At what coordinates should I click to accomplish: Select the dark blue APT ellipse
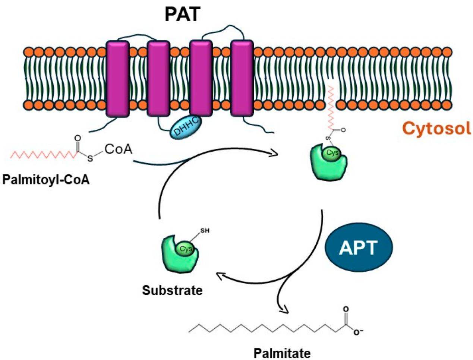(359, 248)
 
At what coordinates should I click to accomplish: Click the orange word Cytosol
(436, 129)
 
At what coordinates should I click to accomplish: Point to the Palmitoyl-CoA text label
(46, 180)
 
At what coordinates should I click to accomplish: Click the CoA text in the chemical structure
(118, 149)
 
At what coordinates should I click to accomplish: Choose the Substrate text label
(172, 290)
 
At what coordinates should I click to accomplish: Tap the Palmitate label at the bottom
(282, 353)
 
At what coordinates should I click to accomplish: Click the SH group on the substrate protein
(205, 231)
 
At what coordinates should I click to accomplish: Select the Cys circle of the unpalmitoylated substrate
(185, 249)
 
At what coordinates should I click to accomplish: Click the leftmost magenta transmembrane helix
(118, 79)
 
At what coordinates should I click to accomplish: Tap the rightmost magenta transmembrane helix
(242, 79)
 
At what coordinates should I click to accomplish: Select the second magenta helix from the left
(159, 79)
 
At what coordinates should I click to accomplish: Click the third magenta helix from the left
(201, 79)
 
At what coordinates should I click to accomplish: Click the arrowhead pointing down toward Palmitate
(285, 309)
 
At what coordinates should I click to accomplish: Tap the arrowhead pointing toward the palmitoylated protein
(276, 153)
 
